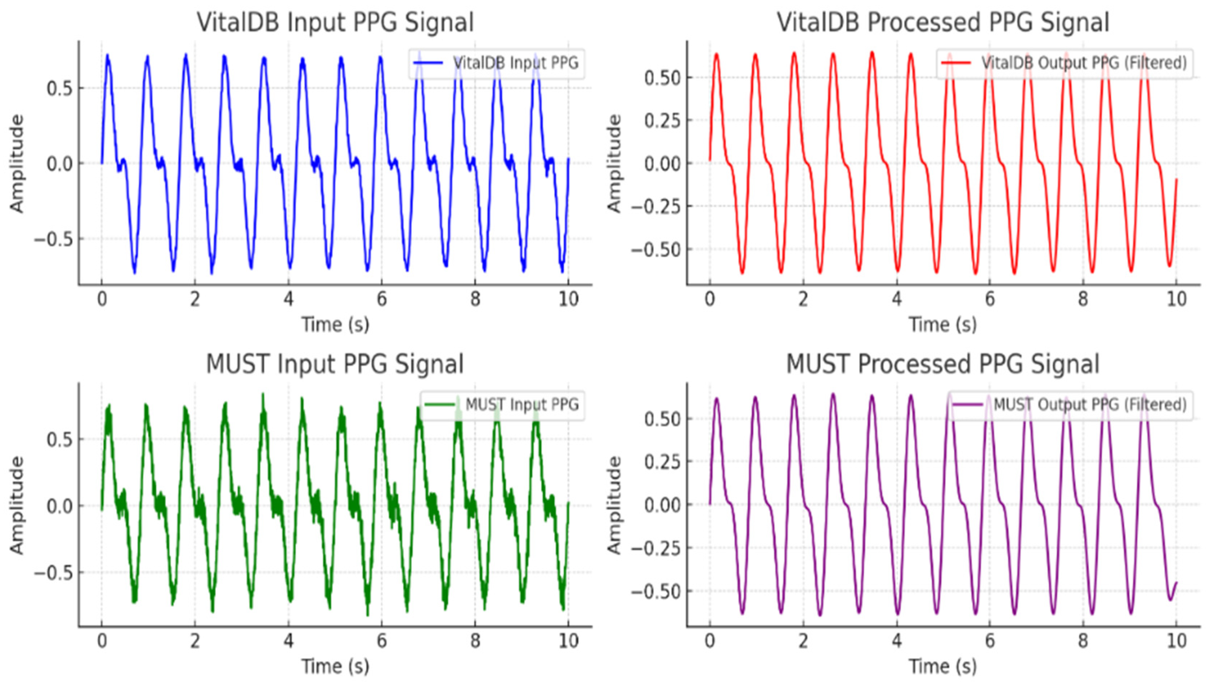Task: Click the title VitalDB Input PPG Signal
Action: pyautogui.click(x=335, y=22)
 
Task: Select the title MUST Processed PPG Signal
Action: pyautogui.click(x=943, y=364)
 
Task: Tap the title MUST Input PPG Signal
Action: pyautogui.click(x=335, y=364)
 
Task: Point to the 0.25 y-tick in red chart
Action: pyautogui.click(x=662, y=121)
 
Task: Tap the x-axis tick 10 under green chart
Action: pyautogui.click(x=568, y=641)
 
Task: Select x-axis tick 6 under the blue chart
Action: pyautogui.click(x=382, y=299)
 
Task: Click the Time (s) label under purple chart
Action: pyautogui.click(x=943, y=666)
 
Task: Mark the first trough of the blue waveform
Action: pyautogui.click(x=135, y=272)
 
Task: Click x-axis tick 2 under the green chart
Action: pyautogui.click(x=195, y=641)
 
